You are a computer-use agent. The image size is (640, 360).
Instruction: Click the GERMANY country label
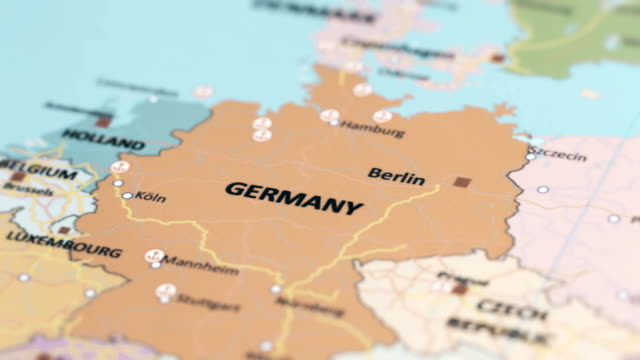point(293,198)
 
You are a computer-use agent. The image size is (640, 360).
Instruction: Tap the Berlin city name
point(396,175)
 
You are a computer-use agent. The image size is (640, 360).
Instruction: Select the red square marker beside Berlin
point(461,183)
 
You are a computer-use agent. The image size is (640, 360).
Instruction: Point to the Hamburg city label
point(373,130)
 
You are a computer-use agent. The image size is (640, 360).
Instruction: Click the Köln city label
point(150,197)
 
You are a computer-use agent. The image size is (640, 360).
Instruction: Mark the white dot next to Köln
point(127,196)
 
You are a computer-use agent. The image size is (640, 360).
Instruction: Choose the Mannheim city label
point(201,267)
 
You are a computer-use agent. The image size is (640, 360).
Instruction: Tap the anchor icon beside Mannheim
point(154,257)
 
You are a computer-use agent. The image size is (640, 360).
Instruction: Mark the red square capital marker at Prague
point(460,288)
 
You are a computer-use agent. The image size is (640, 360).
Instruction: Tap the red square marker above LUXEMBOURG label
point(64,230)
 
